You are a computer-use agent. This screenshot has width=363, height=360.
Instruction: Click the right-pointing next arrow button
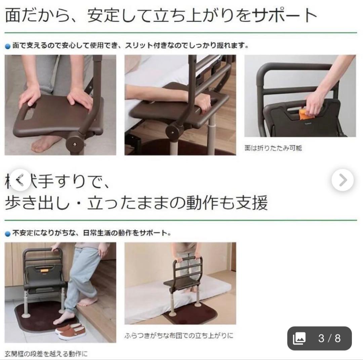(x=342, y=180)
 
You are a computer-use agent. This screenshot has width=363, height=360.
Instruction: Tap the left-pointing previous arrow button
(x=20, y=180)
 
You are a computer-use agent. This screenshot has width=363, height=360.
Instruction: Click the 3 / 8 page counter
(x=329, y=338)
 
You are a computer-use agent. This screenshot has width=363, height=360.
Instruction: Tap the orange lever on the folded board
(x=304, y=113)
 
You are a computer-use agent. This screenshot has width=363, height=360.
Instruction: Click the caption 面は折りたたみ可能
(x=273, y=148)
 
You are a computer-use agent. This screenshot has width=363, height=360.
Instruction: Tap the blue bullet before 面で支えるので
(x=8, y=46)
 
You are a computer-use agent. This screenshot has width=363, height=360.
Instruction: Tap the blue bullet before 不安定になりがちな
(x=8, y=233)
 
